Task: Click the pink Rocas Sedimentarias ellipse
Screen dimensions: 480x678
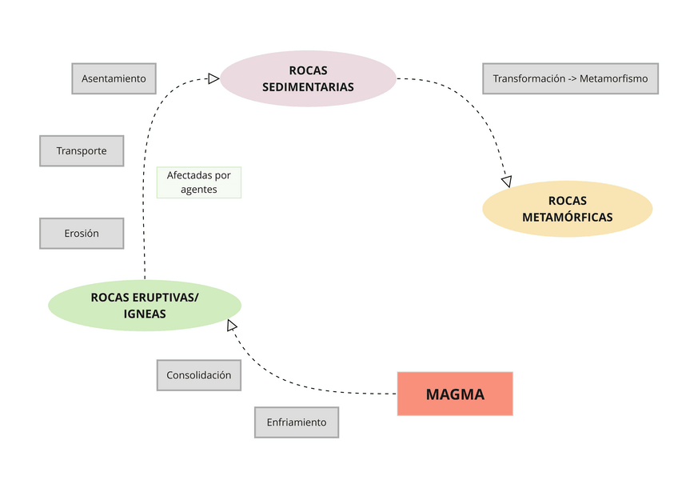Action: click(x=308, y=79)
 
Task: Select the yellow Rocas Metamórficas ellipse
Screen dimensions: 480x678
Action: click(x=567, y=209)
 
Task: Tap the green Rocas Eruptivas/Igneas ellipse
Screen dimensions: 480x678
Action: click(x=145, y=306)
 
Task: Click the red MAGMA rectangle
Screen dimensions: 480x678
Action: click(x=455, y=394)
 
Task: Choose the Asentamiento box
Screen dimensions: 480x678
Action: click(x=114, y=78)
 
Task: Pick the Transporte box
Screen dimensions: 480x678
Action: click(x=82, y=150)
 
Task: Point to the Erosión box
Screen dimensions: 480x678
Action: click(x=82, y=234)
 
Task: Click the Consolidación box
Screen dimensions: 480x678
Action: click(x=198, y=374)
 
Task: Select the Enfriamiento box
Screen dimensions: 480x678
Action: click(x=297, y=422)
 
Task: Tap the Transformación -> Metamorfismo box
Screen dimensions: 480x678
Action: click(x=570, y=78)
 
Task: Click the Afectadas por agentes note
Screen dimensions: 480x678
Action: click(x=198, y=182)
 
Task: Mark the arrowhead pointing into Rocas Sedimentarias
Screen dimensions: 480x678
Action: click(x=213, y=78)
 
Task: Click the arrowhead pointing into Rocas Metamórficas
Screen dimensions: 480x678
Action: click(x=506, y=182)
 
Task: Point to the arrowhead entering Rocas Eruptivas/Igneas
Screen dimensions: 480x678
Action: click(x=232, y=325)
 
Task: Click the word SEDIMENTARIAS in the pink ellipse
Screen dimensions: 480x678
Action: click(x=308, y=87)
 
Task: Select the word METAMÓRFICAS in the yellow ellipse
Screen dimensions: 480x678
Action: click(x=567, y=217)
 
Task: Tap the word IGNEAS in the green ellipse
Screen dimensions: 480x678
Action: click(x=145, y=314)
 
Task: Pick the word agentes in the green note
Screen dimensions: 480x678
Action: click(x=198, y=190)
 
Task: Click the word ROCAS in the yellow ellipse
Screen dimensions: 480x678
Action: click(x=567, y=201)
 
